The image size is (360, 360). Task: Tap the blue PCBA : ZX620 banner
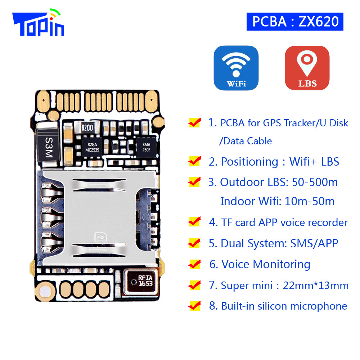[295, 22]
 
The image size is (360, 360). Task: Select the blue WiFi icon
[236, 68]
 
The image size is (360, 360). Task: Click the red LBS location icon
[307, 68]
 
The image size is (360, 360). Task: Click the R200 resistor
[87, 127]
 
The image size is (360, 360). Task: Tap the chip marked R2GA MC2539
[92, 147]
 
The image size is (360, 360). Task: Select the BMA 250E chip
[146, 147]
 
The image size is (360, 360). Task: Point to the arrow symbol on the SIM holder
[100, 237]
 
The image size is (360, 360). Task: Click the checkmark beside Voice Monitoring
[194, 264]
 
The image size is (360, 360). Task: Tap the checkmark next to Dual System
[194, 243]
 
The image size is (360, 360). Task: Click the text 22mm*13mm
[316, 285]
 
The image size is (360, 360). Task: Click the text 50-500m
[315, 182]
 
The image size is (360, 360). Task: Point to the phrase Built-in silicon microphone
[284, 306]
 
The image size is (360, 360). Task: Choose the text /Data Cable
[246, 141]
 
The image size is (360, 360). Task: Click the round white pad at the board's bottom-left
[45, 292]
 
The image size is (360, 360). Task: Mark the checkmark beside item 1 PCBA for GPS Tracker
[194, 122]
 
